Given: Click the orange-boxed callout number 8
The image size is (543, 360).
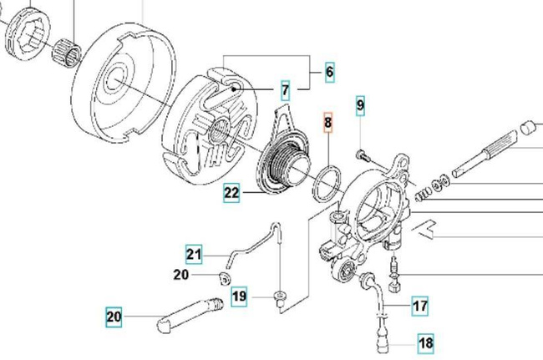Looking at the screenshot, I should tap(328, 124).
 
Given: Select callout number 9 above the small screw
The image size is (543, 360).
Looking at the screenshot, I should tap(361, 105).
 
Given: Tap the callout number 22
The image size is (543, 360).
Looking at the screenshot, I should tap(231, 194).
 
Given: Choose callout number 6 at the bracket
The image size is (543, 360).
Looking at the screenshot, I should tap(329, 73).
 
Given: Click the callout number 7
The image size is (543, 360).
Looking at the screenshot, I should tap(285, 89).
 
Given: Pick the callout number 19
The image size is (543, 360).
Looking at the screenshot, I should tap(239, 296).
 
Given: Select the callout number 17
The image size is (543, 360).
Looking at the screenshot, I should tap(419, 306).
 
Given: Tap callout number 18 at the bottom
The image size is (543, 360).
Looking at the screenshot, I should tap(425, 342).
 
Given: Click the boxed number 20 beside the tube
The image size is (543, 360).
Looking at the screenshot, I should tap(114, 317).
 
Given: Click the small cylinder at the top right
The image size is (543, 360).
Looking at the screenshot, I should tap(528, 129).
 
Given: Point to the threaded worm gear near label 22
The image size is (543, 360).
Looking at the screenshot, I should tap(284, 161).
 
